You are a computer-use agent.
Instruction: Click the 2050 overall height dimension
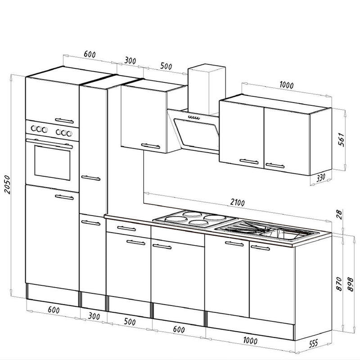[7, 184]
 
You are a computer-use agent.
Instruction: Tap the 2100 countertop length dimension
[238, 202]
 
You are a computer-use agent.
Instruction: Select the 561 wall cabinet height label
[342, 139]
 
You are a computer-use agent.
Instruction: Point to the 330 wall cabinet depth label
[321, 177]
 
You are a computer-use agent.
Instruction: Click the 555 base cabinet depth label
[313, 344]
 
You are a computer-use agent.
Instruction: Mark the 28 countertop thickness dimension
[339, 215]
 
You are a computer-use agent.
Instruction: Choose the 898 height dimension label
[351, 284]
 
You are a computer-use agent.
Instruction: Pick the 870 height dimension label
[339, 284]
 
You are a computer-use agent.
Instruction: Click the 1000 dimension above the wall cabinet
[286, 85]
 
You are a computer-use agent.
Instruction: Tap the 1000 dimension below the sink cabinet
[250, 340]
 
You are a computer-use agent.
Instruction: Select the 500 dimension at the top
[166, 66]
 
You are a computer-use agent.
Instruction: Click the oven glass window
[52, 162]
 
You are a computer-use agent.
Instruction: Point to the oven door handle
[49, 143]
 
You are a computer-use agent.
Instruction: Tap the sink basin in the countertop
[282, 234]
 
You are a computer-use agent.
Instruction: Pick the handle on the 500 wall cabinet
[151, 146]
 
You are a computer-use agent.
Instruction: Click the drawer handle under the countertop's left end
[126, 229]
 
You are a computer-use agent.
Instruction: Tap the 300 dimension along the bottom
[94, 316]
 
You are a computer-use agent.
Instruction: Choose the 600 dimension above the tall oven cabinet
[90, 54]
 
